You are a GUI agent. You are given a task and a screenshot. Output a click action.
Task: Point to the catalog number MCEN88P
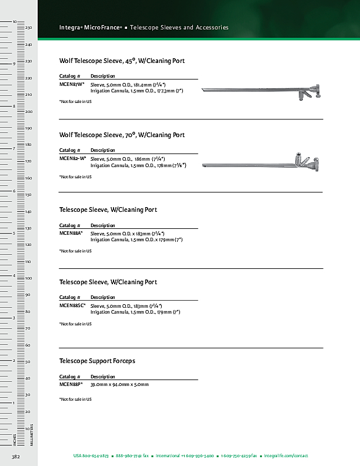point(71,384)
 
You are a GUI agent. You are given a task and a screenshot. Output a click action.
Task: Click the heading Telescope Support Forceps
point(97,361)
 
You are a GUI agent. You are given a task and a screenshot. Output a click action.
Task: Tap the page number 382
point(16,456)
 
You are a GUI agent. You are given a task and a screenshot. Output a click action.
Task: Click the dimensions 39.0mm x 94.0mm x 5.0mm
point(119,384)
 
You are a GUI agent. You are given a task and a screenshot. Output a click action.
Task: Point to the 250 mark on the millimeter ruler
point(28,28)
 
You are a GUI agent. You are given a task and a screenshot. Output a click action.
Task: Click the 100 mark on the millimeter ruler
point(28,278)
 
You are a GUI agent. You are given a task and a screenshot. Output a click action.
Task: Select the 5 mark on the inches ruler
point(14,234)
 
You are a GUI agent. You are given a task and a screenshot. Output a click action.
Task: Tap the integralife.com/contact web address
point(286,456)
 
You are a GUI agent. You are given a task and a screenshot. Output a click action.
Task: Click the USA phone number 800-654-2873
point(91,456)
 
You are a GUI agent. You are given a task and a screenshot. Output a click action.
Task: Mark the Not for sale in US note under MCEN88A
point(75,251)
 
